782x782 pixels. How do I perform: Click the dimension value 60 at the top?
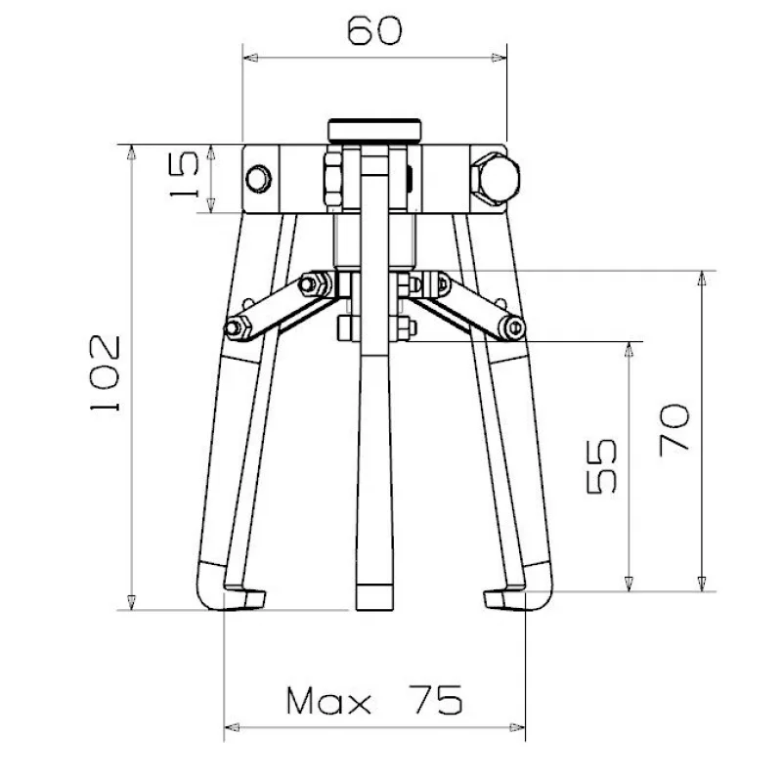pos(374,30)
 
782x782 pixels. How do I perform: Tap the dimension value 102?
pos(106,373)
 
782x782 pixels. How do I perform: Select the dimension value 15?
pos(184,175)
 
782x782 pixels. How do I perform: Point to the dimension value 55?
pos(601,466)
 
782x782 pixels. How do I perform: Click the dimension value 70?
pos(674,430)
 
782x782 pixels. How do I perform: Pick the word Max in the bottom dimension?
pos(328,701)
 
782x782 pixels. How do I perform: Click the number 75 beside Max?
pos(435,700)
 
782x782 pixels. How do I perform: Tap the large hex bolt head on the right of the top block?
pos(496,179)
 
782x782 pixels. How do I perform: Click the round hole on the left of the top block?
pos(259,179)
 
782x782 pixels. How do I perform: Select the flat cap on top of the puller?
pos(374,131)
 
